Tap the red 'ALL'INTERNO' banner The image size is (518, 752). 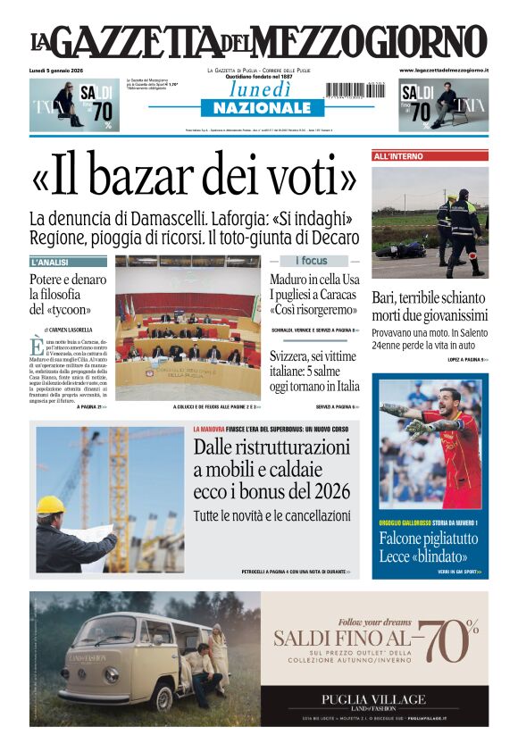[430, 156]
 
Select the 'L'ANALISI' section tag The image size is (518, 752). [68, 263]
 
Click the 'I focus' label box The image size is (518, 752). [311, 261]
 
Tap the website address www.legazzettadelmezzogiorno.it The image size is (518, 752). [443, 70]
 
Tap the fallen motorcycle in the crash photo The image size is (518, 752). [402, 249]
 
